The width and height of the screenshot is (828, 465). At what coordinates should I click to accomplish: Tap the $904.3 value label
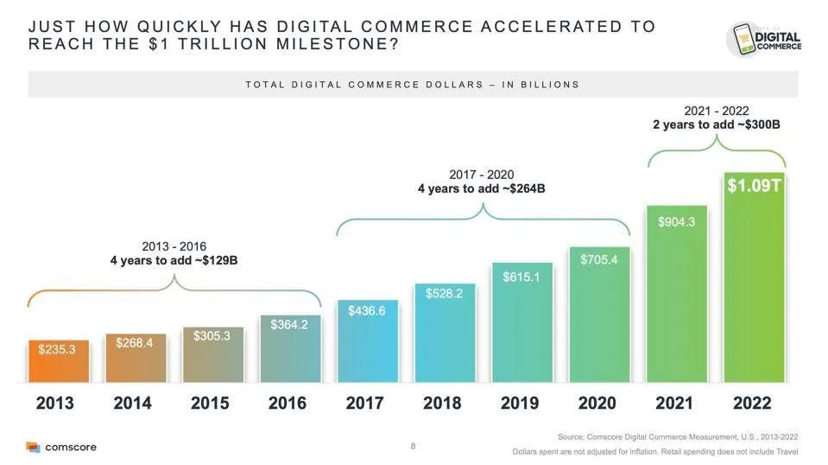click(677, 222)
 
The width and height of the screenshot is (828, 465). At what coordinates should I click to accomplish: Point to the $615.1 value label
click(521, 277)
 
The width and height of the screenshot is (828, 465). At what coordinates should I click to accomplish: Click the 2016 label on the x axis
click(287, 403)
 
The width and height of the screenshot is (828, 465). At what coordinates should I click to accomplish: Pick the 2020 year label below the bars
click(597, 403)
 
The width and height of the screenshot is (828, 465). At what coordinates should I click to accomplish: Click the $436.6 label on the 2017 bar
click(367, 310)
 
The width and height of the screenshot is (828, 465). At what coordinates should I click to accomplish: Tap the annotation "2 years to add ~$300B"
click(716, 124)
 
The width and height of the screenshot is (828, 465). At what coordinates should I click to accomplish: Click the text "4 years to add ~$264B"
click(481, 188)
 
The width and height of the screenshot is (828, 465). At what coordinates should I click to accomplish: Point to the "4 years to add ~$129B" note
click(174, 259)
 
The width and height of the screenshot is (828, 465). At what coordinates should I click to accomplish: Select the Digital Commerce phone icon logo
click(764, 39)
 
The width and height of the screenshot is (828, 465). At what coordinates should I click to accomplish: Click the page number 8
click(414, 446)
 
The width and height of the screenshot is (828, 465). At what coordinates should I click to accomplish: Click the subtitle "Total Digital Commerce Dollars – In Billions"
click(413, 85)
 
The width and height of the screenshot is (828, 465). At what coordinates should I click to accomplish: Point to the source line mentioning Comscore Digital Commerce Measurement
click(678, 438)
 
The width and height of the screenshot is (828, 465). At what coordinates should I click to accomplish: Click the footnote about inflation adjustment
click(655, 452)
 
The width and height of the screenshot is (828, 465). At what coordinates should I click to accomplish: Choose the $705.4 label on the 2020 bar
click(599, 260)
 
